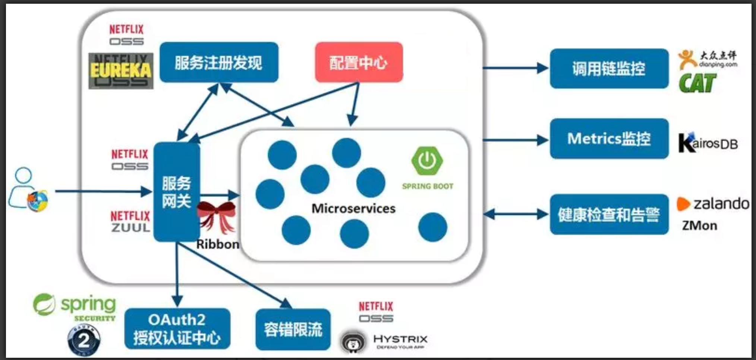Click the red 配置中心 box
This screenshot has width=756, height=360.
pyautogui.click(x=359, y=62)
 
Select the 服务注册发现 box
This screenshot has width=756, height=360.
pyautogui.click(x=219, y=62)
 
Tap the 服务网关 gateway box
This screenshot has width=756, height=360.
pyautogui.click(x=176, y=192)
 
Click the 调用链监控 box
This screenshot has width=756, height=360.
pyautogui.click(x=609, y=69)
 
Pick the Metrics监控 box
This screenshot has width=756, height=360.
pyautogui.click(x=609, y=139)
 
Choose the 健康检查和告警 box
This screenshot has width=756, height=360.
pyautogui.click(x=609, y=214)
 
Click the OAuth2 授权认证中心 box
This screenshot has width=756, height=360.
pyautogui.click(x=177, y=329)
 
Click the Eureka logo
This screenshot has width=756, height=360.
pyautogui.click(x=121, y=71)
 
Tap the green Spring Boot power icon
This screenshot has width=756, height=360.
pyautogui.click(x=427, y=161)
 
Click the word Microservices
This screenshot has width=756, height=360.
pyautogui.click(x=353, y=208)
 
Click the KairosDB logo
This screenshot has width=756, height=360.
pyautogui.click(x=708, y=143)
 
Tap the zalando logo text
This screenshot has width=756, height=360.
pyautogui.click(x=721, y=203)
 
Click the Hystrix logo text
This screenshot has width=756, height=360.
pyautogui.click(x=400, y=339)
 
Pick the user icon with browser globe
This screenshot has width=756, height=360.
pyautogui.click(x=28, y=190)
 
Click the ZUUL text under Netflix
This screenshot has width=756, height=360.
pyautogui.click(x=130, y=227)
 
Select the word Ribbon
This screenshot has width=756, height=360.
pyautogui.click(x=218, y=244)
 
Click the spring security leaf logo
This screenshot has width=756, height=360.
pyautogui.click(x=44, y=304)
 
